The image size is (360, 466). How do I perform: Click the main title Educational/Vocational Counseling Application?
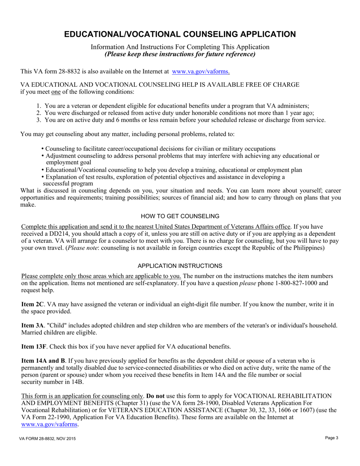pyautogui.click(x=180, y=34)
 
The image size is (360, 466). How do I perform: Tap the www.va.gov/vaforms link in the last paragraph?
pyautogui.click(x=49, y=425)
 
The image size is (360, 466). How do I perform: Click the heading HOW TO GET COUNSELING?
pyautogui.click(x=180, y=216)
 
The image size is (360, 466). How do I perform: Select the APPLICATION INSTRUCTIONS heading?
pyautogui.click(x=180, y=266)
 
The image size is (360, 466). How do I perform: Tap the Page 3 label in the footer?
pyautogui.click(x=332, y=438)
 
